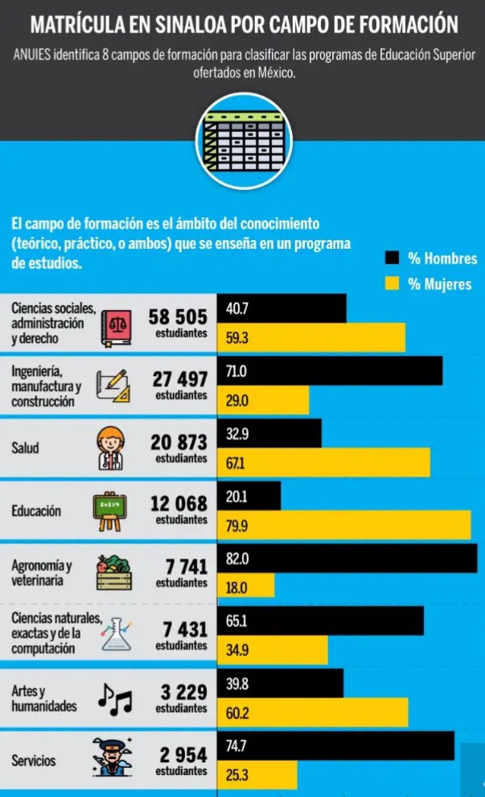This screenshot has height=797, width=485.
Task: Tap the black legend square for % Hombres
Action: point(393,258)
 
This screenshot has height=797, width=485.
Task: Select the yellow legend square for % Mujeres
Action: point(393,283)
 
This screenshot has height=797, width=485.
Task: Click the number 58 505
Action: point(179,317)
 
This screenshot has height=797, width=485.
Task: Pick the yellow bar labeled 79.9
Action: point(344,526)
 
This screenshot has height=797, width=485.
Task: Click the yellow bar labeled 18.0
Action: point(246,588)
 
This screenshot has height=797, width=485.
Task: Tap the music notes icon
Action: point(114,700)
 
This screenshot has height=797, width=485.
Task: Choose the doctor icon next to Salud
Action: point(111,448)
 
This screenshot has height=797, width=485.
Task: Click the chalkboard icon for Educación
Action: point(111,511)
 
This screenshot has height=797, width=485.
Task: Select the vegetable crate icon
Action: point(113,574)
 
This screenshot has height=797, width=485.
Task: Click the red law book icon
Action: point(116,328)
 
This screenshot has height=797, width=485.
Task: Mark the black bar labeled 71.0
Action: point(331,370)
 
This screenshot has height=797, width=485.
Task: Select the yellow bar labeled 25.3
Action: point(257,776)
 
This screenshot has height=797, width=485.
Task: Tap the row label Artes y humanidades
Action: point(44,699)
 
